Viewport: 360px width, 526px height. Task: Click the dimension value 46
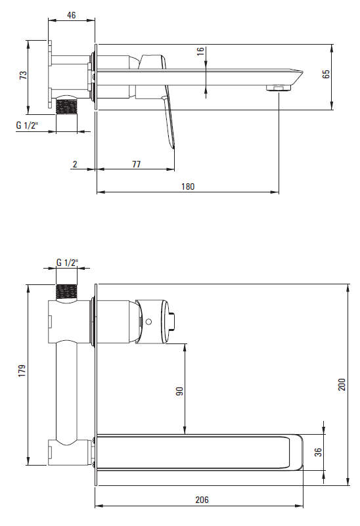72,15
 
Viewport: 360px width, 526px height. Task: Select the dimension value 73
23,75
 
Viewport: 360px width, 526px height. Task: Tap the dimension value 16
200,51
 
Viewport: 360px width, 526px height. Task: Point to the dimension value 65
326,74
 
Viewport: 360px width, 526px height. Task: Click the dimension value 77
136,164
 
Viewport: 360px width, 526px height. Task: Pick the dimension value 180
188,186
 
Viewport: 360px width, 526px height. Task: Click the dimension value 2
75,164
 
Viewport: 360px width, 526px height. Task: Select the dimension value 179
22,371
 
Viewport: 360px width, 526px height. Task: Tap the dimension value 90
180,391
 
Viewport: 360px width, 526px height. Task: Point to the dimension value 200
341,385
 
